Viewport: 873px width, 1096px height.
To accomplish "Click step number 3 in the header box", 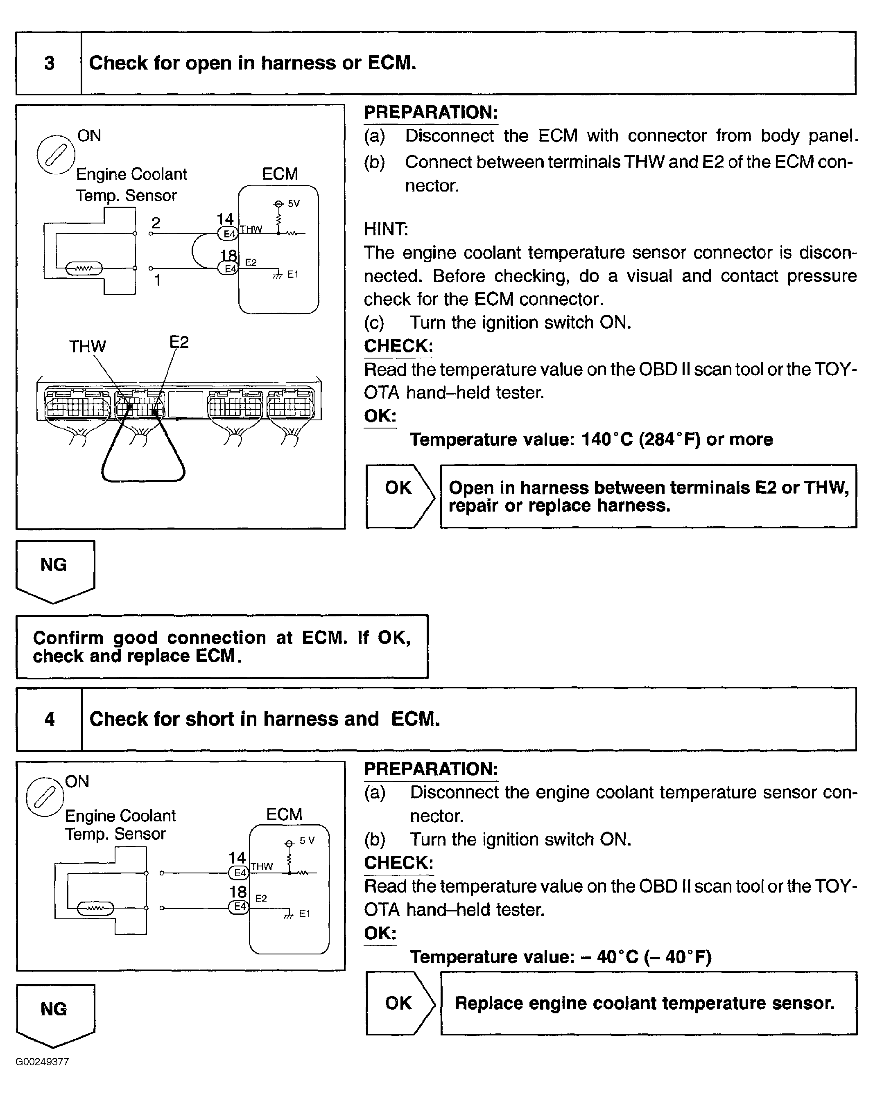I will click(x=50, y=63).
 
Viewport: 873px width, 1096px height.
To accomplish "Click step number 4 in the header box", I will click(x=50, y=719).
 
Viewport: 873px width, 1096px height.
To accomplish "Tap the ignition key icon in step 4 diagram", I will click(x=45, y=796).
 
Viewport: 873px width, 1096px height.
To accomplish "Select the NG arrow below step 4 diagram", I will click(x=55, y=1015).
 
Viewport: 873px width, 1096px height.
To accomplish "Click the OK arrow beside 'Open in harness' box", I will click(x=399, y=496).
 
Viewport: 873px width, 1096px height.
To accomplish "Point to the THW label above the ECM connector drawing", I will click(x=88, y=347).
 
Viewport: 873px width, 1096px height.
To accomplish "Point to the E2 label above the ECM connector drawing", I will click(x=179, y=342).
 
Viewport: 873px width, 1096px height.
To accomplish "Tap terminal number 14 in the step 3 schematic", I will click(x=225, y=219).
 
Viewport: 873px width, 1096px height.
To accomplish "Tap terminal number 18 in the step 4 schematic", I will click(x=237, y=892).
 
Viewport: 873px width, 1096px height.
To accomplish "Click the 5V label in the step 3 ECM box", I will click(x=294, y=204).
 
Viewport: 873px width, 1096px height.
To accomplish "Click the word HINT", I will click(x=386, y=229).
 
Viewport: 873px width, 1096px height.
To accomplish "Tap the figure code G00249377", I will click(x=42, y=1062).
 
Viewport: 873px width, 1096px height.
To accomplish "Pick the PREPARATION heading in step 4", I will click(x=431, y=769).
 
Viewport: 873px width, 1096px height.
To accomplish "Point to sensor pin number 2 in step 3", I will click(x=156, y=223).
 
